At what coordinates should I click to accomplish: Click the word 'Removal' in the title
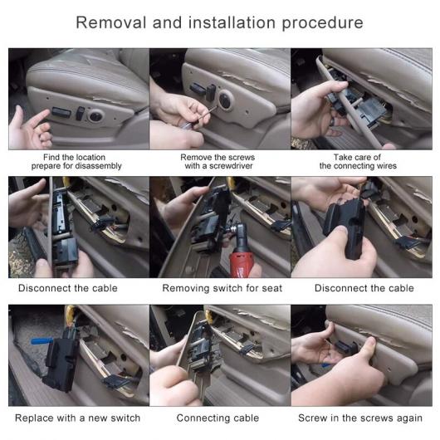click(x=111, y=22)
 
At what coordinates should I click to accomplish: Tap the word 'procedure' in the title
click(x=323, y=23)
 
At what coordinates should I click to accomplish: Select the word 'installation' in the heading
click(x=232, y=22)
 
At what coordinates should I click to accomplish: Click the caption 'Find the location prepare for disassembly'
click(x=76, y=161)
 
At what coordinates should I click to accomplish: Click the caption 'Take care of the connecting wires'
click(x=358, y=161)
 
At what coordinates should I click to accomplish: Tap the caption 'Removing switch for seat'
click(x=222, y=288)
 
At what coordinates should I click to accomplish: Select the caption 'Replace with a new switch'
click(x=78, y=418)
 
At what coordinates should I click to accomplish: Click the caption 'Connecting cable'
click(x=218, y=418)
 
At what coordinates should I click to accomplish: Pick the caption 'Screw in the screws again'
click(x=360, y=418)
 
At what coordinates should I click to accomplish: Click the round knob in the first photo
click(x=95, y=115)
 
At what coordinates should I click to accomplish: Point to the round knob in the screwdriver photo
click(x=225, y=100)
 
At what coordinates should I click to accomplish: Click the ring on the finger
click(x=332, y=121)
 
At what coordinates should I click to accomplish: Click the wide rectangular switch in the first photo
click(x=61, y=113)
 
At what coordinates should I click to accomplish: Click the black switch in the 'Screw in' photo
click(x=346, y=347)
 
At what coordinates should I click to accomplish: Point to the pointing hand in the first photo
click(x=31, y=129)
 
